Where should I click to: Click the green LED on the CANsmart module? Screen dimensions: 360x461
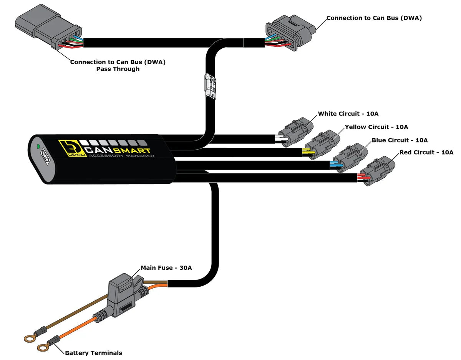(x=38, y=146)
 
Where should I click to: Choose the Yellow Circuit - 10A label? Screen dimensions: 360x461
(x=376, y=127)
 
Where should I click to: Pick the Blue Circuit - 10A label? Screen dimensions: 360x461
(x=400, y=140)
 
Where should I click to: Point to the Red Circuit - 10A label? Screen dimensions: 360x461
(x=426, y=152)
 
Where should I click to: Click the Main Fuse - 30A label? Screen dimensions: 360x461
(x=166, y=268)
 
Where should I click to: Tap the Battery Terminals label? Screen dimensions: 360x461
(x=93, y=353)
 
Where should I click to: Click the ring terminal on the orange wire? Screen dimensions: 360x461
(x=42, y=347)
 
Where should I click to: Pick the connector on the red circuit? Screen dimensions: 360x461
(x=378, y=172)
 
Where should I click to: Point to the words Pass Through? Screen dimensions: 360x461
(x=118, y=69)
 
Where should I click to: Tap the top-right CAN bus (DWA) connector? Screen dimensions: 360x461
(x=290, y=33)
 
